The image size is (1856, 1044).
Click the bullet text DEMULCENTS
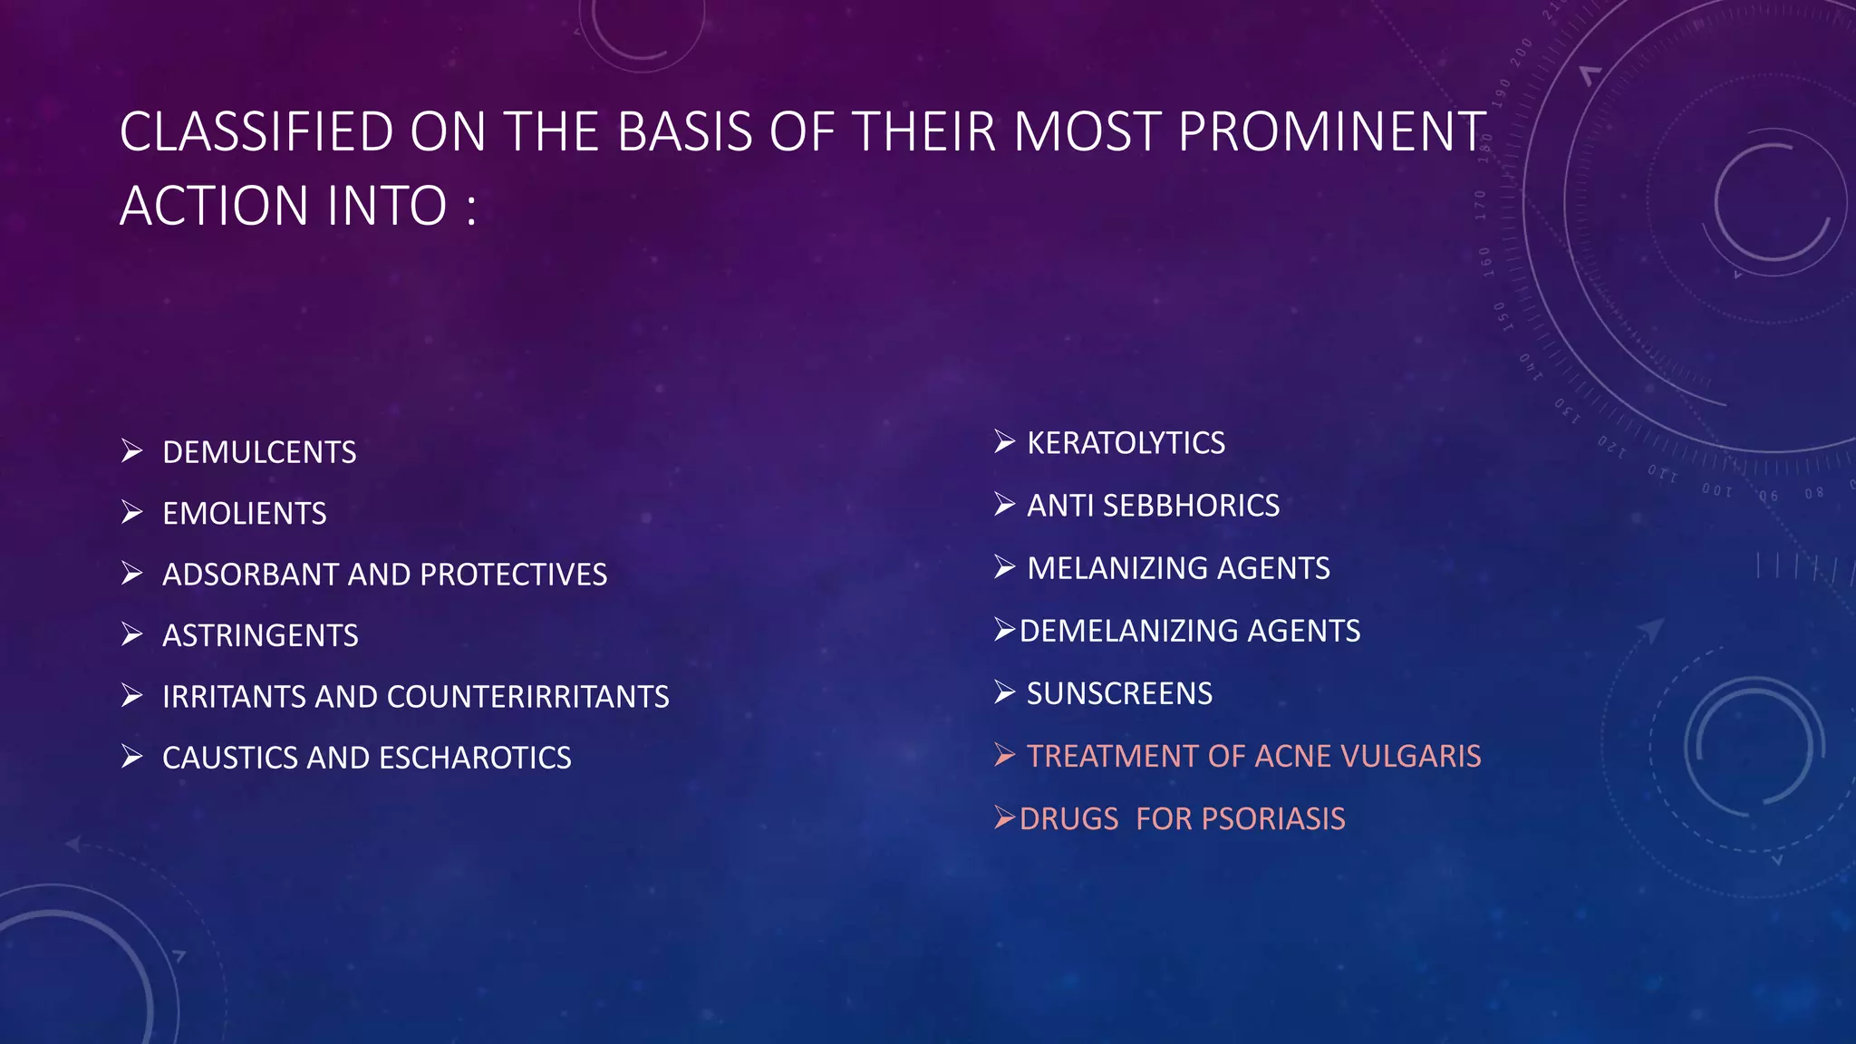point(259,452)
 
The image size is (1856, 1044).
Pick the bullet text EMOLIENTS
point(245,514)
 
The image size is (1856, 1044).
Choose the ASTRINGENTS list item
point(260,635)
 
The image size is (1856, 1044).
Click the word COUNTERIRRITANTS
point(528,697)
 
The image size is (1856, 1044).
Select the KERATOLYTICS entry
point(1126,443)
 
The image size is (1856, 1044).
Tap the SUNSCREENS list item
point(1119,693)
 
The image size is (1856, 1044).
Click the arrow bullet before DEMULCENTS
point(132,451)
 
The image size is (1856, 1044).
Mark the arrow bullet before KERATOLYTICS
point(1004,442)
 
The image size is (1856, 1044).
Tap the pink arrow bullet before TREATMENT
point(1004,755)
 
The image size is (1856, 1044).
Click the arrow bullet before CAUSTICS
point(132,757)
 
